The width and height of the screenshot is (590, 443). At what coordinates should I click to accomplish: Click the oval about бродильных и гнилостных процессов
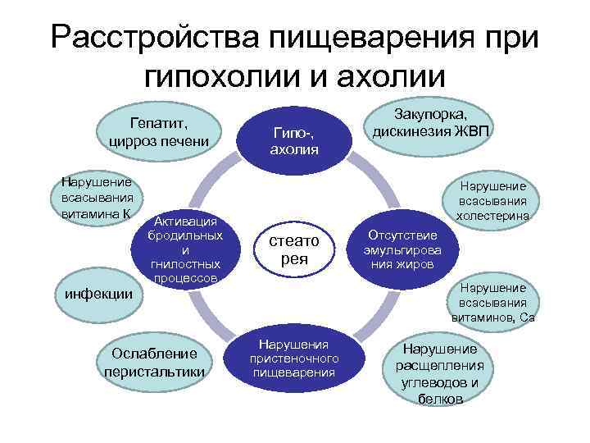pos(184,249)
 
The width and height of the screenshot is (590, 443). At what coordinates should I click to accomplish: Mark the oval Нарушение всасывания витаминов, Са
pos(493,302)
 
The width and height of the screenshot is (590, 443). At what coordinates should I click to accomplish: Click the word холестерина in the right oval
pos(493,216)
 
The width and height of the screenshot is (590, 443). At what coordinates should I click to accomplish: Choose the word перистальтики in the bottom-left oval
pos(154,370)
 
